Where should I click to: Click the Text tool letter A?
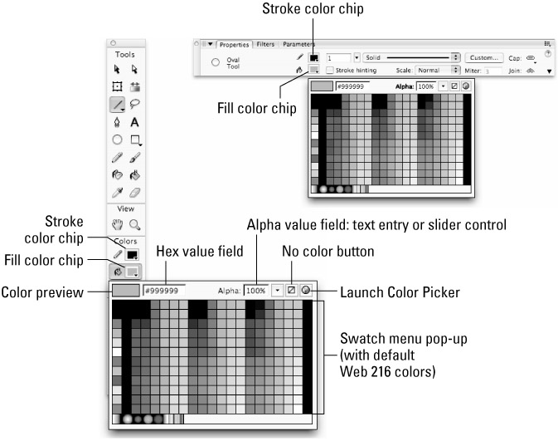pos(134,122)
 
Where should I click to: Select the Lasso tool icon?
pos(134,104)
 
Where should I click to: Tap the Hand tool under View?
pos(118,223)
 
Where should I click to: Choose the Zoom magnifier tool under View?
pos(134,223)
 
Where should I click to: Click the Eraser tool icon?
pos(134,193)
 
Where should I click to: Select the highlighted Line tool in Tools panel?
pos(118,104)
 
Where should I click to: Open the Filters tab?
pos(266,43)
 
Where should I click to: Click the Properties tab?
pos(235,43)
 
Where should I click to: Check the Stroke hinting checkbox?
pos(330,71)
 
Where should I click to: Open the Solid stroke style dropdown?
pos(410,58)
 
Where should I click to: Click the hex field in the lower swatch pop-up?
pos(164,292)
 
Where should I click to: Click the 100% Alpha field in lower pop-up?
pos(255,292)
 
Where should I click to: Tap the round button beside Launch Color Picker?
pos(306,291)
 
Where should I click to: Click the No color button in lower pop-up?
pos(290,291)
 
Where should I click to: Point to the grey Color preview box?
pos(125,292)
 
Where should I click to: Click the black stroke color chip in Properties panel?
pos(314,58)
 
